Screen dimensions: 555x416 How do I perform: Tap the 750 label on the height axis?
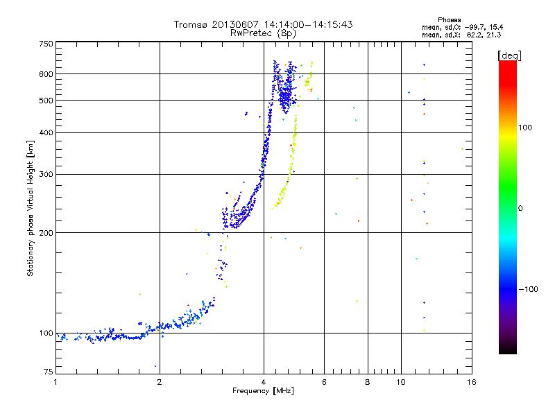point(46,44)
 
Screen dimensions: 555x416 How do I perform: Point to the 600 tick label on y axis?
point(46,74)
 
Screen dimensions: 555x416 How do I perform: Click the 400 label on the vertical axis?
point(46,132)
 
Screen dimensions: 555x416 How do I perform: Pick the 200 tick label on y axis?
point(46,233)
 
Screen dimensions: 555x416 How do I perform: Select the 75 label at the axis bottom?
point(49,372)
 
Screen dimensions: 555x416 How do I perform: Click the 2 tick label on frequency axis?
point(160,382)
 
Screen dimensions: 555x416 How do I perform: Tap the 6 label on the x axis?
point(324,382)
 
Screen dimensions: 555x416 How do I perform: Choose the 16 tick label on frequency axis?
point(472,382)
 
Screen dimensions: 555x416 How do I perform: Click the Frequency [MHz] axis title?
point(263,391)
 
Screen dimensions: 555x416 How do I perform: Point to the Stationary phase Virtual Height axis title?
point(31,209)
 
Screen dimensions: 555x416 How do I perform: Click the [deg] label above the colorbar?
point(509,55)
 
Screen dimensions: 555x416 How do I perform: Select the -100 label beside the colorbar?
point(529,289)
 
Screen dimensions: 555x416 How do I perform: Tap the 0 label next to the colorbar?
point(520,209)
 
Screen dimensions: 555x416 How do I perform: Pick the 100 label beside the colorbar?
point(525,128)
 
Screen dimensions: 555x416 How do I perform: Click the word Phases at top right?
point(450,20)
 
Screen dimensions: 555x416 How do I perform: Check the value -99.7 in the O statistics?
point(475,27)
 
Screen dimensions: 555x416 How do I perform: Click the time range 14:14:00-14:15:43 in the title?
point(308,24)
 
